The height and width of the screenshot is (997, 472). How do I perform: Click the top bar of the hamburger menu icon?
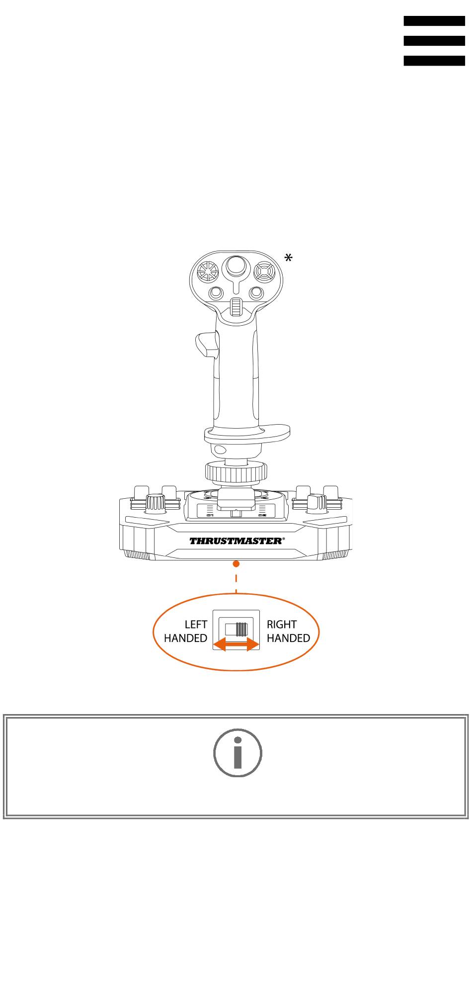pyautogui.click(x=434, y=21)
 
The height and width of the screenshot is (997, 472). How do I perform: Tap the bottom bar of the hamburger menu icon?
pyautogui.click(x=434, y=61)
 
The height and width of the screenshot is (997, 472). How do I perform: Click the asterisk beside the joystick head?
pyautogui.click(x=288, y=258)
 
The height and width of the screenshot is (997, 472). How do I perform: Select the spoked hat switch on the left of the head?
pyautogui.click(x=208, y=272)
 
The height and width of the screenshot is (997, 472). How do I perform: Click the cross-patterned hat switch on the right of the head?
pyautogui.click(x=264, y=272)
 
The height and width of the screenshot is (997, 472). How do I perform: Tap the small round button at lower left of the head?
pyautogui.click(x=216, y=293)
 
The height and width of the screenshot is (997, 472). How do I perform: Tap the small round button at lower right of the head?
pyautogui.click(x=256, y=293)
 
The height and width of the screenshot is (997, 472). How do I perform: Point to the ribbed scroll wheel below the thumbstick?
pyautogui.click(x=236, y=308)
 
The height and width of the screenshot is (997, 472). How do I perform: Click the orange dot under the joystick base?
pyautogui.click(x=236, y=563)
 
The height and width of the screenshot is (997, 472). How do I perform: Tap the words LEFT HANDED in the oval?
pyautogui.click(x=185, y=631)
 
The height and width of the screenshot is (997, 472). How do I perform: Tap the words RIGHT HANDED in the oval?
pyautogui.click(x=288, y=631)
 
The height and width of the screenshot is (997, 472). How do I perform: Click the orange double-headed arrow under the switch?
pyautogui.click(x=236, y=644)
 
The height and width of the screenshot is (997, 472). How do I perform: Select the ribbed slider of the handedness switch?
pyautogui.click(x=240, y=630)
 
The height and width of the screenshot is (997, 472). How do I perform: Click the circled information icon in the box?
pyautogui.click(x=237, y=753)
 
